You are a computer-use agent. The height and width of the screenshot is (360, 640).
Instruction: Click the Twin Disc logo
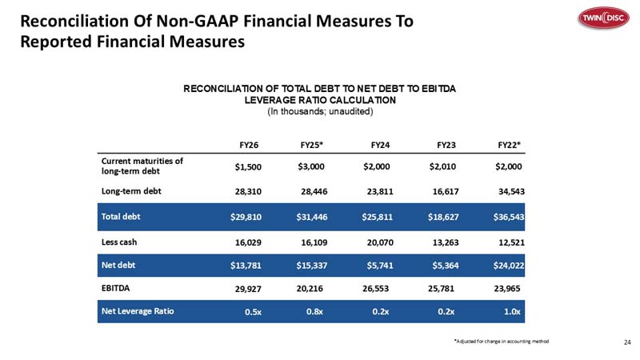604,18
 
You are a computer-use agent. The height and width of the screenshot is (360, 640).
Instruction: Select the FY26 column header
249,145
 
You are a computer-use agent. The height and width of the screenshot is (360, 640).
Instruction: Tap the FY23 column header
446,145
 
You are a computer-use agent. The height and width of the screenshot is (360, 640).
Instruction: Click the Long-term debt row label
131,191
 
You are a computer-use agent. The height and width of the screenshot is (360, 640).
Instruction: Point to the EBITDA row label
115,288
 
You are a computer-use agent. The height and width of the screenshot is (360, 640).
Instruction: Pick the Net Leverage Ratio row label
138,311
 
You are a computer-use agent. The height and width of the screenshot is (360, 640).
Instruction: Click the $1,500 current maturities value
248,166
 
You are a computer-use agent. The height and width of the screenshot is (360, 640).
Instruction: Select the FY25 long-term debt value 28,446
314,191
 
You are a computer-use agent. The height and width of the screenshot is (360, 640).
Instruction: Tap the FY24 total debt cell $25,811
377,217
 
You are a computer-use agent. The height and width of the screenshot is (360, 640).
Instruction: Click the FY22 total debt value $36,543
509,217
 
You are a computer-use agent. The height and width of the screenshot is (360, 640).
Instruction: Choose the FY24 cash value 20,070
380,242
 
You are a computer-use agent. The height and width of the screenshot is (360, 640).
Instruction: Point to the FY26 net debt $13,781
246,266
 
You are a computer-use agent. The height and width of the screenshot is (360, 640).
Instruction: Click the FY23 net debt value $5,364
446,266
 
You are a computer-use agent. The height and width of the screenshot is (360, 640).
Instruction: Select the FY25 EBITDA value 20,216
310,289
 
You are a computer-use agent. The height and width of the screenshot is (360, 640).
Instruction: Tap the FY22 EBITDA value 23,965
507,289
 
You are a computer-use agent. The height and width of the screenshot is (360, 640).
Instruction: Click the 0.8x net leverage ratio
314,311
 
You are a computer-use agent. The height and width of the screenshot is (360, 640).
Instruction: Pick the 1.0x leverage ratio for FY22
512,311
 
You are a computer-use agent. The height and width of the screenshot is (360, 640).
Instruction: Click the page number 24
627,342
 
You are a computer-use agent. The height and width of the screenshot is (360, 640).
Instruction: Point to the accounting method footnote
502,342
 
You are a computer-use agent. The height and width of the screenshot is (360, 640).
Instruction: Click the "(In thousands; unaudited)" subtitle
320,111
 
